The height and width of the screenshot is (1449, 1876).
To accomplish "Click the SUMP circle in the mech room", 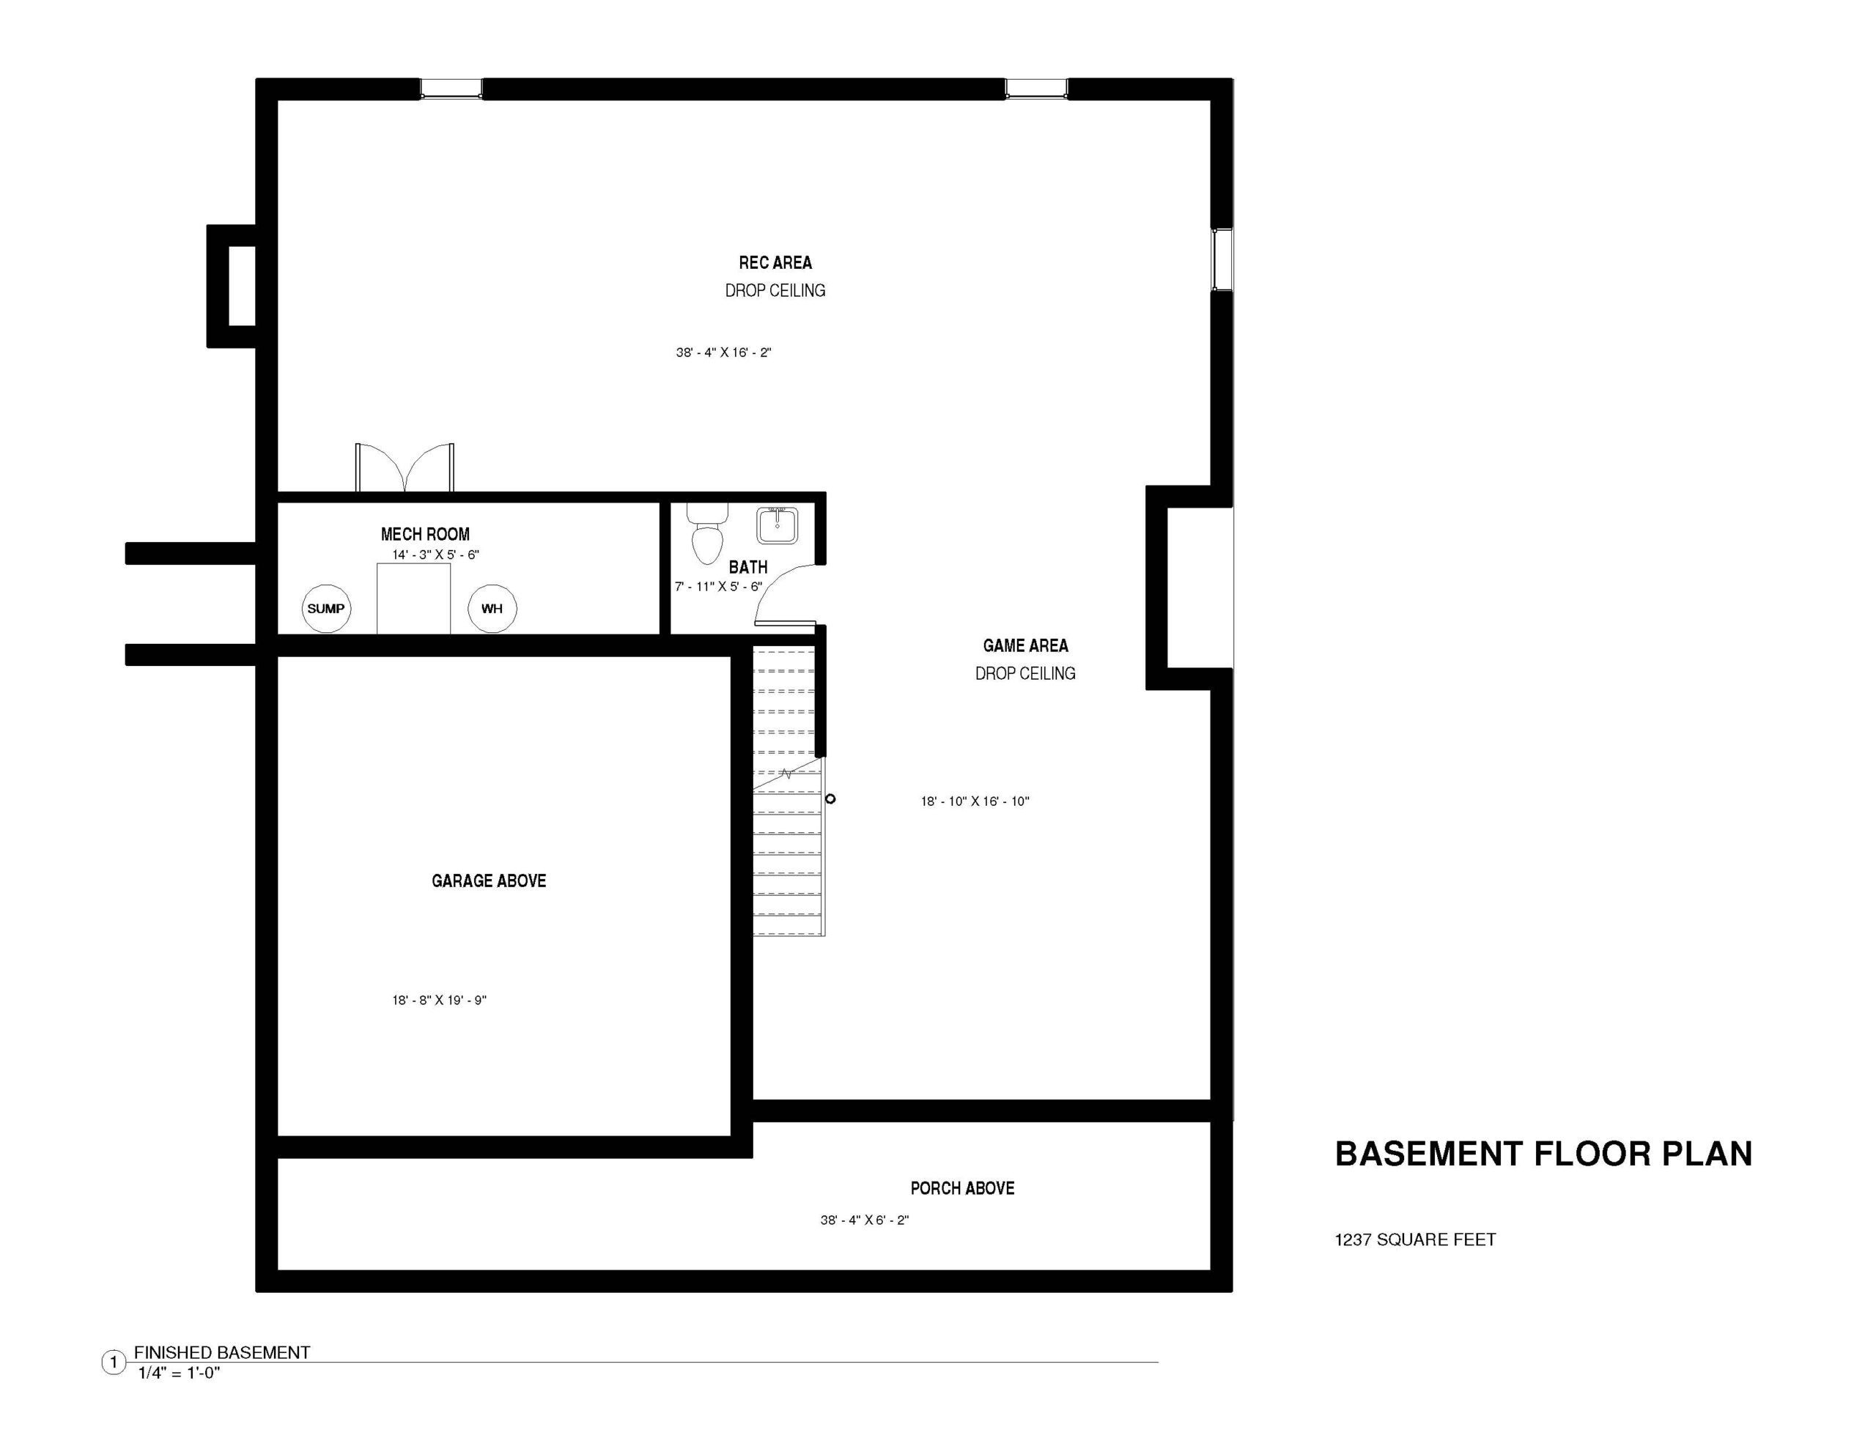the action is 326,608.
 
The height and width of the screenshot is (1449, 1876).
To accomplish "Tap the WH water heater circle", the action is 492,608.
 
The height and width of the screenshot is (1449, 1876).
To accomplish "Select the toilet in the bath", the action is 707,533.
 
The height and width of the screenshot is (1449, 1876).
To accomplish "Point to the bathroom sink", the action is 778,525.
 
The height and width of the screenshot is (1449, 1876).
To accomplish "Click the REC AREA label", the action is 775,263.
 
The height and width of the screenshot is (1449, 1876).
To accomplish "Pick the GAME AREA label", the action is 1026,646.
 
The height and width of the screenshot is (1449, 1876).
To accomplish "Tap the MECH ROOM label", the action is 425,534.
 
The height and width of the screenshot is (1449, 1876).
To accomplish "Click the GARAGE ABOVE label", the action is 489,881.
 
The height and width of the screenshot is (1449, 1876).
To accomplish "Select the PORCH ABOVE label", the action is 962,1188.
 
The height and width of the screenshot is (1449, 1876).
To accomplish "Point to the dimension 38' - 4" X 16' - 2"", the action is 723,352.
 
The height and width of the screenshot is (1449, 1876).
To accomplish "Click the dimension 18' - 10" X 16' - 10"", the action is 975,801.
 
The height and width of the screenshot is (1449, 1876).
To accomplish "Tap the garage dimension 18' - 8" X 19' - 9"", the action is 439,1000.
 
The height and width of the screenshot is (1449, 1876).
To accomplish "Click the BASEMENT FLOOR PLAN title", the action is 1543,1154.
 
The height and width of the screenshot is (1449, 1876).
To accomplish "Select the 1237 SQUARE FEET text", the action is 1415,1239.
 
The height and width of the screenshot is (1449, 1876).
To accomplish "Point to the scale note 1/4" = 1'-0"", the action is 179,1373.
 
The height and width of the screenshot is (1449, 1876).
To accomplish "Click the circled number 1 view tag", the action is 114,1363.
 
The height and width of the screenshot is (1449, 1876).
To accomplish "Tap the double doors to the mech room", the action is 405,468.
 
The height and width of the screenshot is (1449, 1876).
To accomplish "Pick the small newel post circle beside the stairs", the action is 830,798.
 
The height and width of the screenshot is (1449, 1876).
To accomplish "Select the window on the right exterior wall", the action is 1222,259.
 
